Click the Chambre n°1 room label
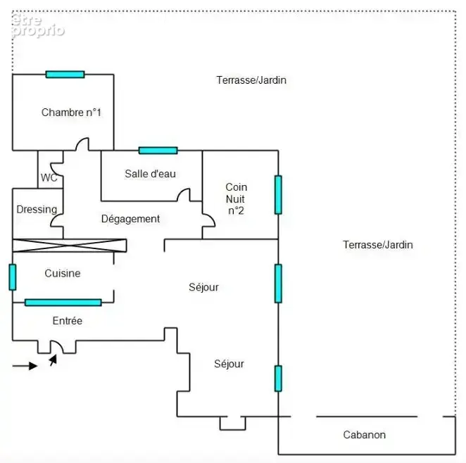(x=71, y=113)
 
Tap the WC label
(x=49, y=177)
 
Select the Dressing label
(x=37, y=210)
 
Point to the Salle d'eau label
(x=151, y=174)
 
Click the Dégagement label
(x=130, y=219)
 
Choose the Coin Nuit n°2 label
(x=236, y=198)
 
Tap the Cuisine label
(x=63, y=273)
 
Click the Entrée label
(x=68, y=321)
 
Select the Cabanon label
(x=365, y=435)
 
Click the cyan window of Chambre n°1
(x=65, y=75)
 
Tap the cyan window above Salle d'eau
(x=158, y=151)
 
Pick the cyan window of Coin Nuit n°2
(x=278, y=195)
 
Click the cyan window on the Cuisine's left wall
(x=13, y=277)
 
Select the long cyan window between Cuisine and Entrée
(x=63, y=303)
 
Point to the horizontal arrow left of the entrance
(x=25, y=366)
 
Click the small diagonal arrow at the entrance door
(x=53, y=360)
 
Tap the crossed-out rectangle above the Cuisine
(x=70, y=246)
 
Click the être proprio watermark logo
(x=38, y=26)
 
